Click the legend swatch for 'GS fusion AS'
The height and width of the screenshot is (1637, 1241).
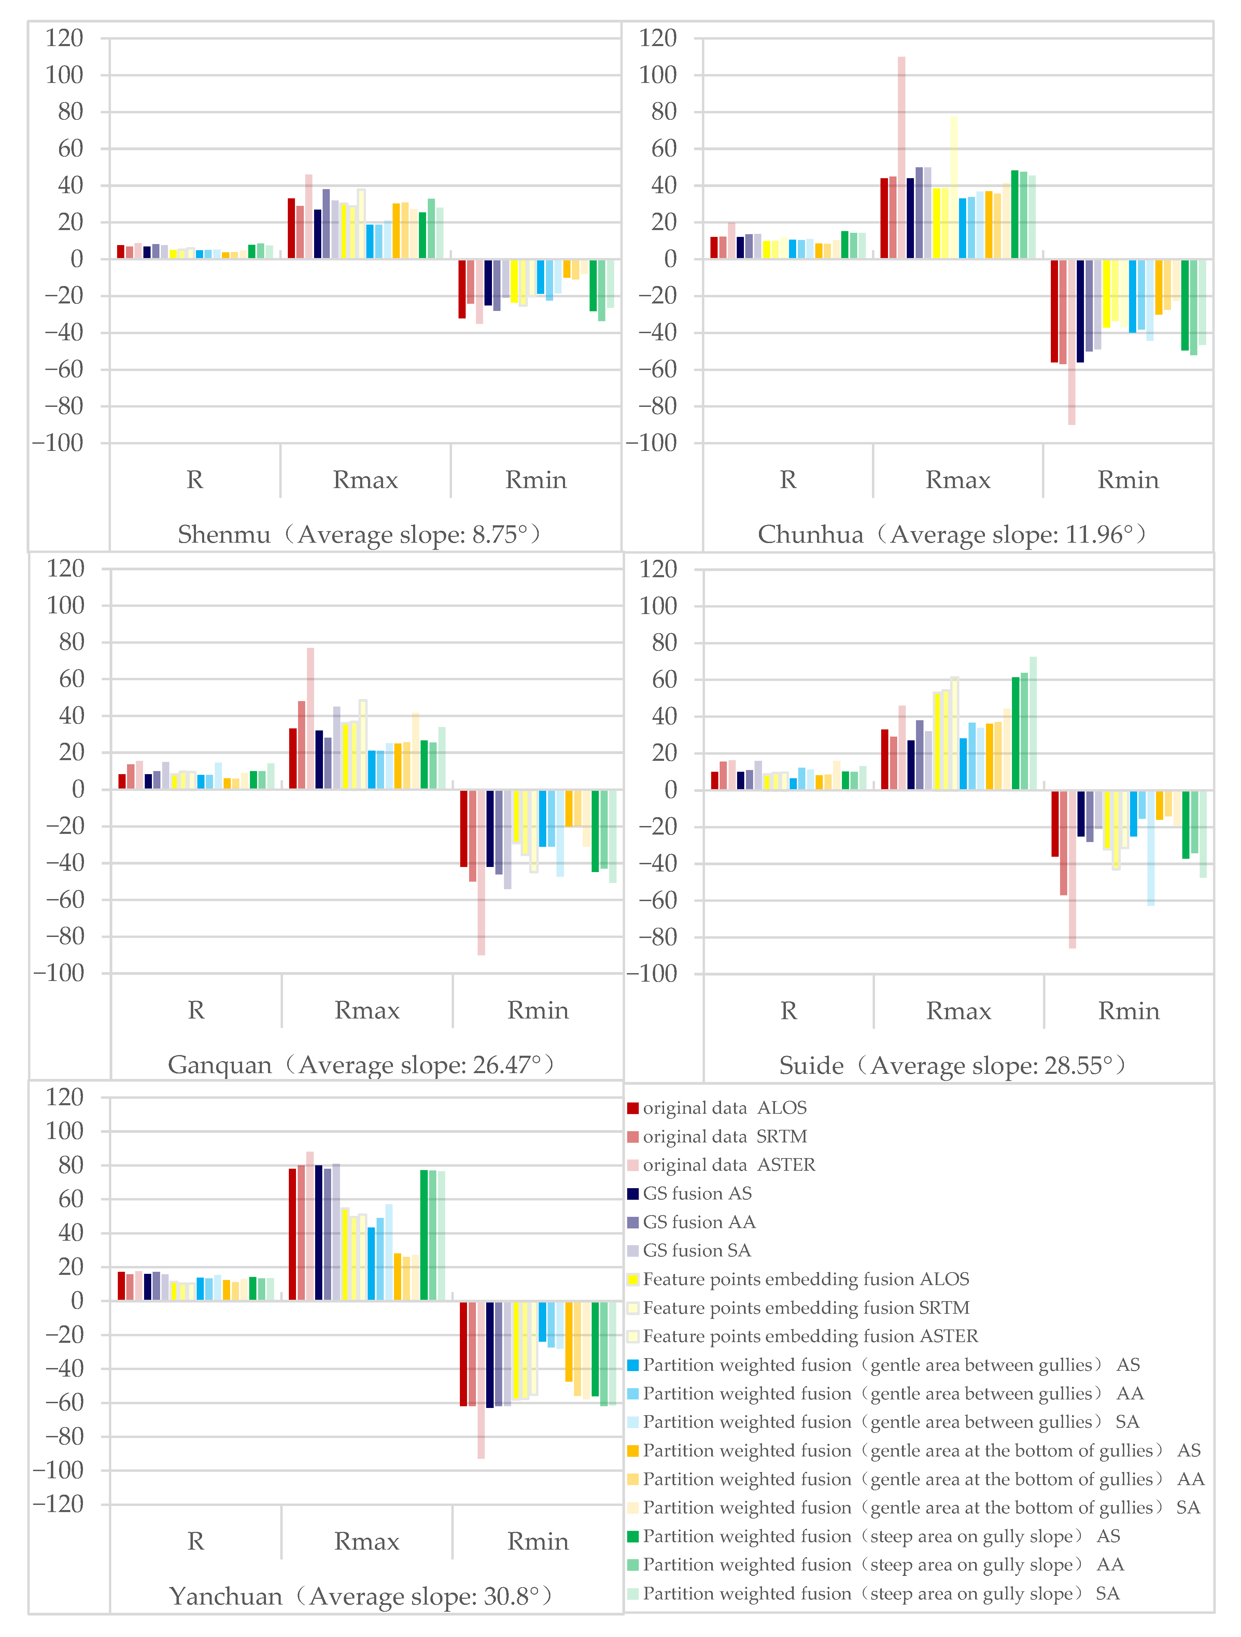click(633, 1194)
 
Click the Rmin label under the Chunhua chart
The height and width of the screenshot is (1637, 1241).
click(1128, 480)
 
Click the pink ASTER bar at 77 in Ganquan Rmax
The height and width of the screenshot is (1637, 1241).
click(310, 718)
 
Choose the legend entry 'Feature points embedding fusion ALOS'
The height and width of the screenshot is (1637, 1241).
click(805, 1279)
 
